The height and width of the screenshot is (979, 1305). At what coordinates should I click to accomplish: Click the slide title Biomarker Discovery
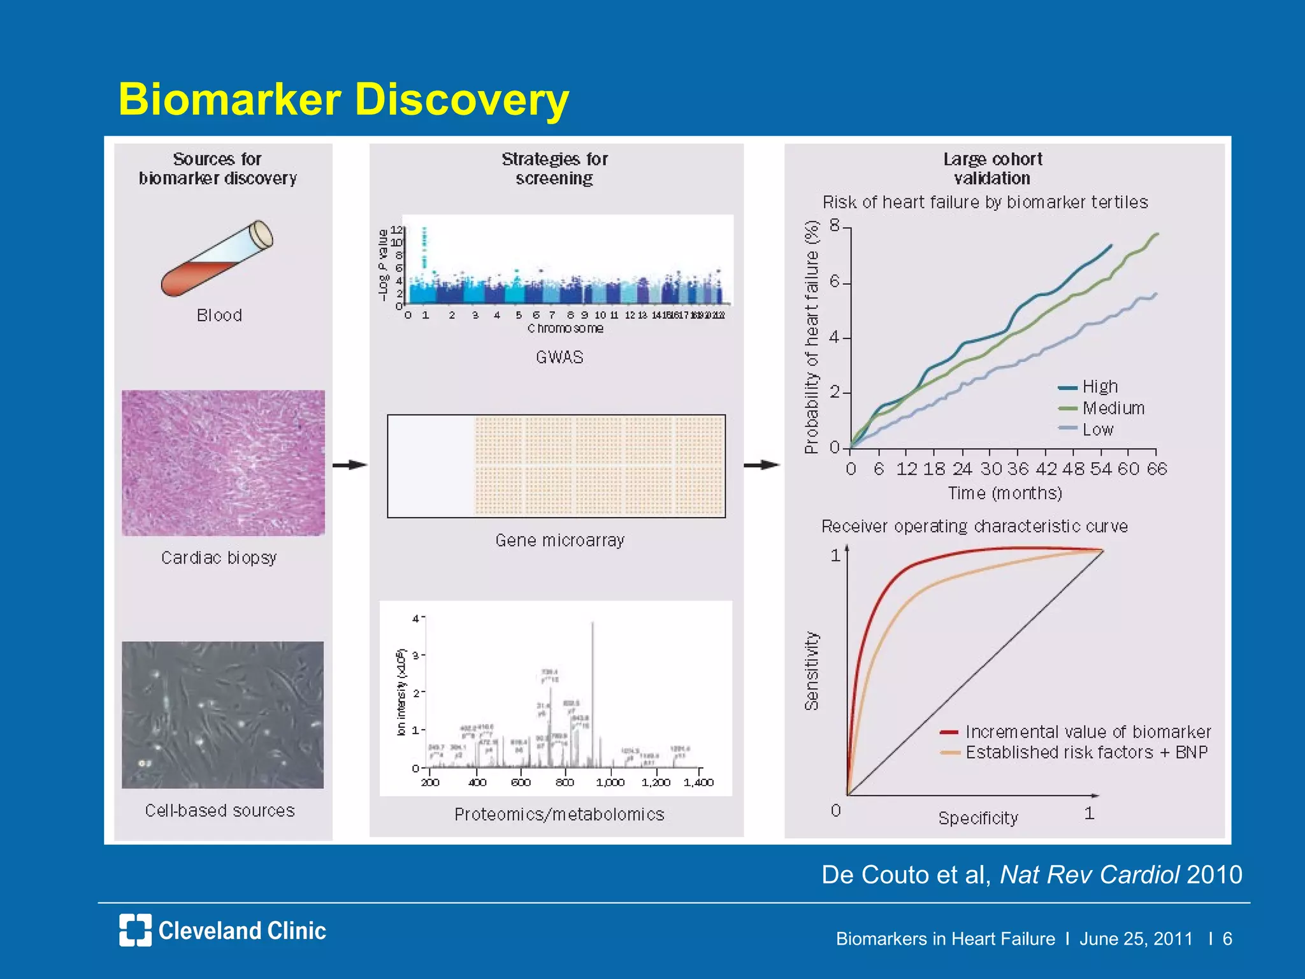[343, 99]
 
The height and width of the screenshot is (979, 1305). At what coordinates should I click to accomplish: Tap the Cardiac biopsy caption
[219, 558]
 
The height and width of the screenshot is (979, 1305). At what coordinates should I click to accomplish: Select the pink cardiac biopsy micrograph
[223, 463]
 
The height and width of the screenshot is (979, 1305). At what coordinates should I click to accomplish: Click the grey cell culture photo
[222, 714]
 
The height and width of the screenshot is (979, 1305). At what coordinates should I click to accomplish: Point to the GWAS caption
[559, 357]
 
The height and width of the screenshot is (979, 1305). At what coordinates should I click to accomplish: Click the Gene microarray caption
[559, 540]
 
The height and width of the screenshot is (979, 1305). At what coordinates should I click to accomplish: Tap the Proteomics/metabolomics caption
[559, 814]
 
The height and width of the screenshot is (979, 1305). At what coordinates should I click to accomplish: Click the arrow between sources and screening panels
[350, 465]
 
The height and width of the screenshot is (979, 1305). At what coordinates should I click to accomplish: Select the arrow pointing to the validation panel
[762, 465]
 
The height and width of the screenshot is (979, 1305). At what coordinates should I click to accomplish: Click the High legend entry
[1099, 387]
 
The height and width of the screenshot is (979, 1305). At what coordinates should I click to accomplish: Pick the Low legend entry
[1097, 430]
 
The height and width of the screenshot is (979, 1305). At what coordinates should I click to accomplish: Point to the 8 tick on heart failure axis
[835, 226]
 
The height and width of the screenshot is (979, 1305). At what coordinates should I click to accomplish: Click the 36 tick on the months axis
[1018, 469]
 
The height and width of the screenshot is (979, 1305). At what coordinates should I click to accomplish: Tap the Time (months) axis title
[1004, 493]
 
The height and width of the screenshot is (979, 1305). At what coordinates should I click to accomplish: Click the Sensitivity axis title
[811, 671]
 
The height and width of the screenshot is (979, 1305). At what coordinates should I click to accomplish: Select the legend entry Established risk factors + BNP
[1086, 753]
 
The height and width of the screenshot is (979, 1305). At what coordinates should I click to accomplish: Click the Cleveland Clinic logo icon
[135, 930]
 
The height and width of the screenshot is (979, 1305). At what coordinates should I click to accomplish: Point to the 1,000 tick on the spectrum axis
[610, 782]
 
